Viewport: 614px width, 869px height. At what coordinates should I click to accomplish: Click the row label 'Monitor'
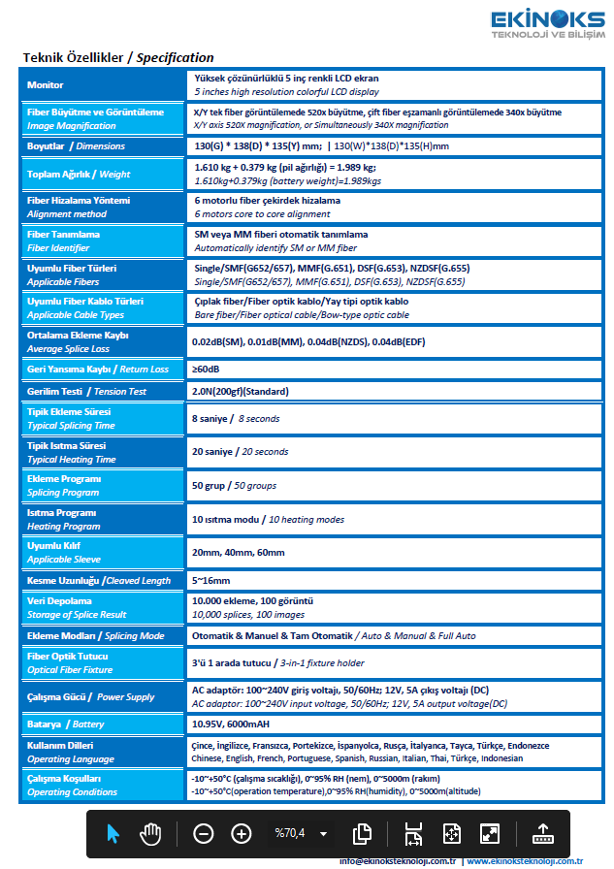(46, 85)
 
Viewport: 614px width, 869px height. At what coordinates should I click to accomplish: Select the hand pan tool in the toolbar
(150, 832)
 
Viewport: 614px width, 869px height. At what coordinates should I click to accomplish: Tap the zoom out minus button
(203, 832)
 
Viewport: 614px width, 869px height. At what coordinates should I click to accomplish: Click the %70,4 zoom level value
(289, 832)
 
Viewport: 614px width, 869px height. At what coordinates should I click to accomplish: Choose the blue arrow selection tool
(113, 832)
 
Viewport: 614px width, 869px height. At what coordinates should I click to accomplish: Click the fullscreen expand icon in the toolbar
(489, 832)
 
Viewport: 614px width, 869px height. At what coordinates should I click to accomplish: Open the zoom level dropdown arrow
(323, 833)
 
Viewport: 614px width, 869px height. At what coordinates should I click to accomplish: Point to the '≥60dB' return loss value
(206, 369)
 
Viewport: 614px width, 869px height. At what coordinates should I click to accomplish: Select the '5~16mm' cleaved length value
(210, 580)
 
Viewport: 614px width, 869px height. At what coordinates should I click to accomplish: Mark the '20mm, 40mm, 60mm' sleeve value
(238, 552)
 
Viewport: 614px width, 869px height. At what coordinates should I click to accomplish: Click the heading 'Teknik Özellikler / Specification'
(118, 58)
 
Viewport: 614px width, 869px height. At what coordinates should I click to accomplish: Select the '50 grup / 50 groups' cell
(234, 485)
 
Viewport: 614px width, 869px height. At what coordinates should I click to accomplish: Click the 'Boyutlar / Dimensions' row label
(76, 145)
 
